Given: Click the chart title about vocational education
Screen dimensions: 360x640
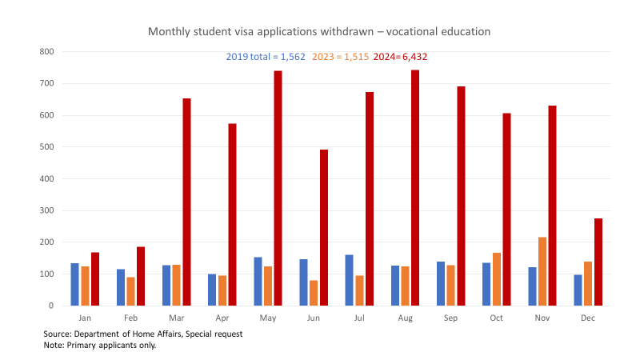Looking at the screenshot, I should [319, 31].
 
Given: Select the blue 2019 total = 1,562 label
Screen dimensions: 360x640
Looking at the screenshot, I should [265, 58].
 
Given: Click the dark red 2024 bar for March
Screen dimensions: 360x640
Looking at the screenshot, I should [186, 202].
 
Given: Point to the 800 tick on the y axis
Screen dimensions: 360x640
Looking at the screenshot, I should [46, 51].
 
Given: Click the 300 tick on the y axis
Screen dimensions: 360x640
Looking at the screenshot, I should [46, 210].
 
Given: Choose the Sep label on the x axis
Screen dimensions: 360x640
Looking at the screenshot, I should [450, 318].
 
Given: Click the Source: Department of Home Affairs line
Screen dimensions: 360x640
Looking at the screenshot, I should [143, 334].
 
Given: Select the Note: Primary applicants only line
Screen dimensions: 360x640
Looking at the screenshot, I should [99, 345].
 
